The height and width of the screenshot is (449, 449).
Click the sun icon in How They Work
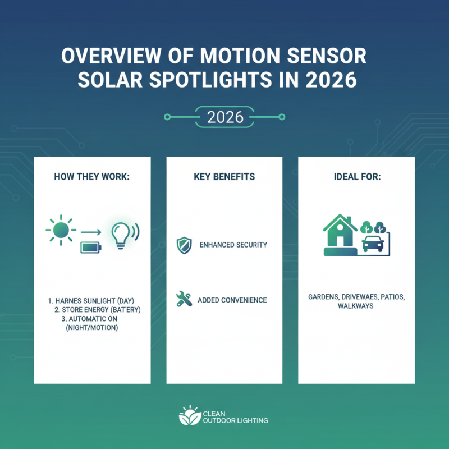61,231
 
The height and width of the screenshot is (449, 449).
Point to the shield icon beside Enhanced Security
184,245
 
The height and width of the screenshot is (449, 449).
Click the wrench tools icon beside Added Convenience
184,300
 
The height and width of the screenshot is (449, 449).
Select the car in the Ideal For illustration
372,243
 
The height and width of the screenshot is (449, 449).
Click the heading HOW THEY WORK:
92,176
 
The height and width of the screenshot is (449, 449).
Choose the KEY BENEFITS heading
224,176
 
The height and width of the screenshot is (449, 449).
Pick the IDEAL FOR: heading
356,176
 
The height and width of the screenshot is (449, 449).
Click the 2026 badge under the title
224,117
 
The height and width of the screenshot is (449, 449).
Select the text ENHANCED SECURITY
233,245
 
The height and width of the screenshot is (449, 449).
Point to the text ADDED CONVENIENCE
232,300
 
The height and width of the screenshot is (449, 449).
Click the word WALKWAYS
356,306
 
